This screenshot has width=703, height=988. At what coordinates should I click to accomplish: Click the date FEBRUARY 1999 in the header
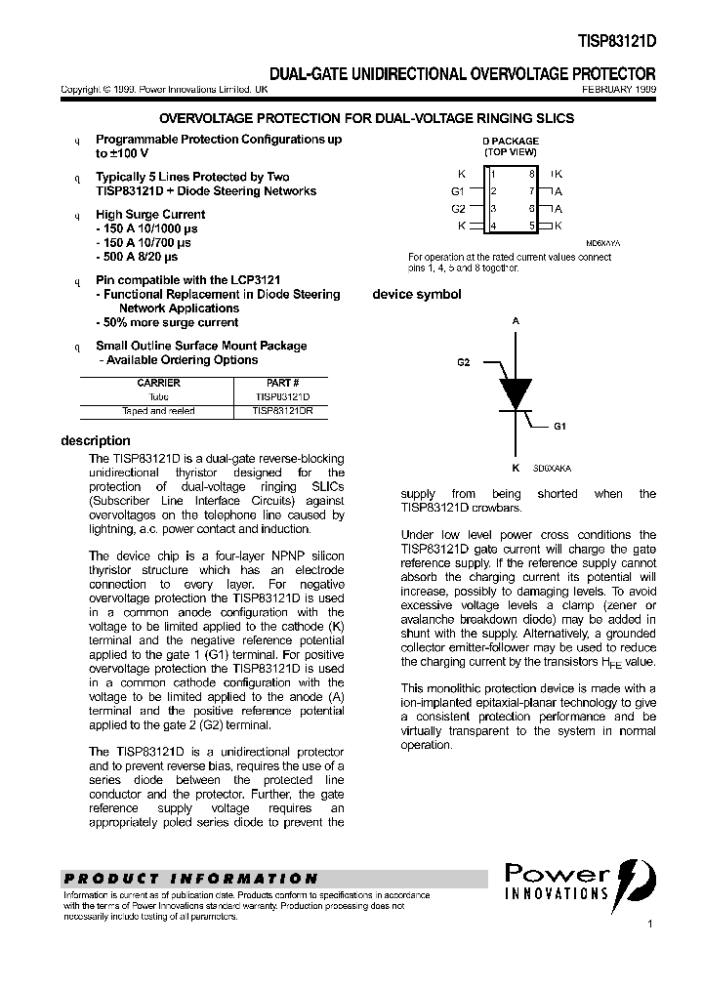pyautogui.click(x=619, y=89)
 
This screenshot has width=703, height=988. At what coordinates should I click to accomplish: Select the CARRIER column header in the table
pyautogui.click(x=158, y=384)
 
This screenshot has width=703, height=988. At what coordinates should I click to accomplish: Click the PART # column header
pyautogui.click(x=282, y=384)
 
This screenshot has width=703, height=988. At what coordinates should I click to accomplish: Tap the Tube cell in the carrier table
pyautogui.click(x=158, y=397)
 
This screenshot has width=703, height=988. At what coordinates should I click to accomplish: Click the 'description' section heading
pyautogui.click(x=95, y=440)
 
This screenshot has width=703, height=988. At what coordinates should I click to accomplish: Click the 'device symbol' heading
pyautogui.click(x=417, y=294)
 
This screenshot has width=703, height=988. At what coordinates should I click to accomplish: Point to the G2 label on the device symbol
pyautogui.click(x=463, y=362)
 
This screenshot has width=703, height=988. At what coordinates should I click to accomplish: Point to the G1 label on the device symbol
pyautogui.click(x=559, y=427)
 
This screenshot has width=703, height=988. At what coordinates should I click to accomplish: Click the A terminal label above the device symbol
pyautogui.click(x=515, y=319)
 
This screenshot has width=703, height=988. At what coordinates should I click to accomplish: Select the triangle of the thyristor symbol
pyautogui.click(x=515, y=391)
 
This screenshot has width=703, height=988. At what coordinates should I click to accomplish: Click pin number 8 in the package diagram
pyautogui.click(x=532, y=174)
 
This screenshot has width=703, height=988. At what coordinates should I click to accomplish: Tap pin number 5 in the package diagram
pyautogui.click(x=532, y=226)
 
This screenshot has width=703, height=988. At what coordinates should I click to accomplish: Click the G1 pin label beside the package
pyautogui.click(x=458, y=191)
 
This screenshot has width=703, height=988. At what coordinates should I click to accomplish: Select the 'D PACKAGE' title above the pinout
pyautogui.click(x=511, y=142)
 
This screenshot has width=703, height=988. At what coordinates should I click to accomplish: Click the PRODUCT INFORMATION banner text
pyautogui.click(x=190, y=878)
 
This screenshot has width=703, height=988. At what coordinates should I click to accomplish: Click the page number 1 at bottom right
pyautogui.click(x=649, y=923)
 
